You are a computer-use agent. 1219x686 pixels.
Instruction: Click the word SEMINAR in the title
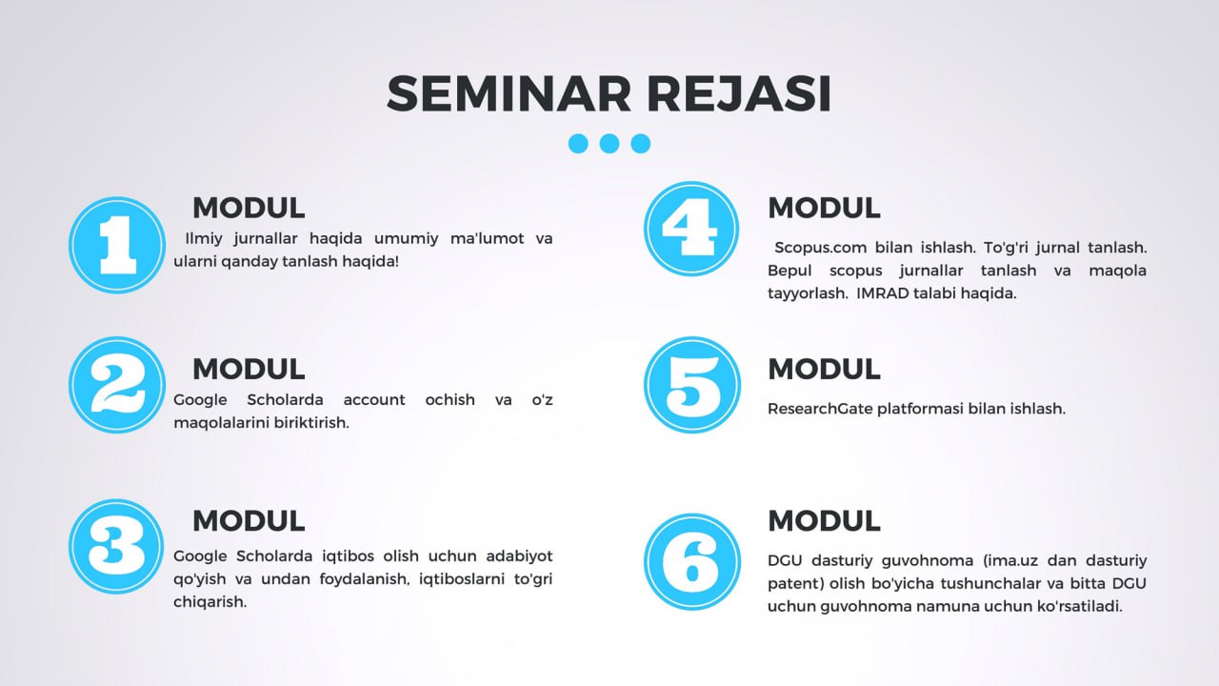pyautogui.click(x=509, y=93)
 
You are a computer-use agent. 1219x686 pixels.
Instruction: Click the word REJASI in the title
pyautogui.click(x=739, y=93)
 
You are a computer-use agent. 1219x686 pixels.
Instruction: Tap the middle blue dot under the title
pyautogui.click(x=609, y=144)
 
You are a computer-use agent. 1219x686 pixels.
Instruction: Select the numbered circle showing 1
pyautogui.click(x=117, y=245)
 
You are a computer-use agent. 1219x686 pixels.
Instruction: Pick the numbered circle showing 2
pyautogui.click(x=117, y=385)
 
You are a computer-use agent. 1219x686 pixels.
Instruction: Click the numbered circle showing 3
pyautogui.click(x=116, y=547)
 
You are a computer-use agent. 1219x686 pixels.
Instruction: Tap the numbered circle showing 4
pyautogui.click(x=691, y=229)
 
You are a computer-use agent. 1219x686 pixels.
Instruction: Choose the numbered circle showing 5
pyautogui.click(x=692, y=385)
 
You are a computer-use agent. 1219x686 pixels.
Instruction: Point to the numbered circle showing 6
pyautogui.click(x=692, y=562)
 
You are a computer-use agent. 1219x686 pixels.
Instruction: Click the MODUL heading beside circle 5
pyautogui.click(x=824, y=369)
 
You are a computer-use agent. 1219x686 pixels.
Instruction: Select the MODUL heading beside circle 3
pyautogui.click(x=249, y=520)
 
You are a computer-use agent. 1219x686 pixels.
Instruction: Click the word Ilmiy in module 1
pyautogui.click(x=203, y=238)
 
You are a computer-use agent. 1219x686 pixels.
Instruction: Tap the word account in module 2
pyautogui.click(x=374, y=399)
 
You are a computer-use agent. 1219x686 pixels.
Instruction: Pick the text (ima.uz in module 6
pyautogui.click(x=1010, y=561)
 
